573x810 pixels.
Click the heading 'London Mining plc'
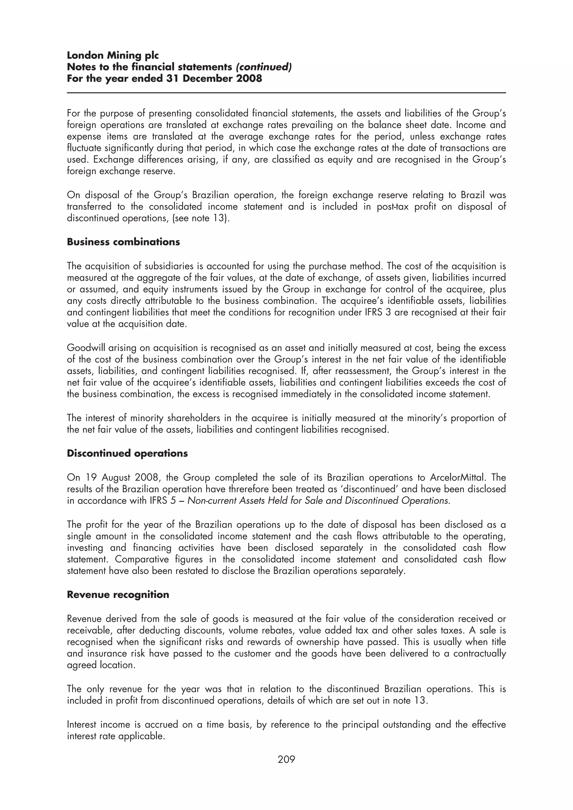point(113,55)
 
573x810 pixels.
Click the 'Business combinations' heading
point(123,242)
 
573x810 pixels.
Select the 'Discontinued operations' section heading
point(127,453)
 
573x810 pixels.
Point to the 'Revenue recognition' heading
point(118,595)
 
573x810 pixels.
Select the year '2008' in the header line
point(249,78)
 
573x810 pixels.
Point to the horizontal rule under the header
point(286,93)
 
